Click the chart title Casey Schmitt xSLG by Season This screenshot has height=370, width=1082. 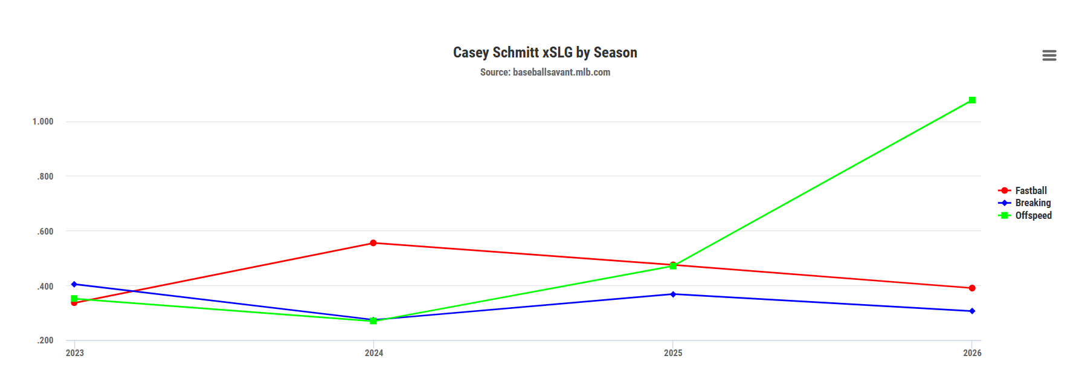click(545, 53)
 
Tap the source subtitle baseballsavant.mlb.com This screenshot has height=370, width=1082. click(545, 72)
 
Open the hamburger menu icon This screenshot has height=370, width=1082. click(1049, 56)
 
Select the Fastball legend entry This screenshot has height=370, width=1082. click(1031, 190)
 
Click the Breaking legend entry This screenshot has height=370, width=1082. click(1032, 203)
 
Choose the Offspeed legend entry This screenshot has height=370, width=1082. click(1033, 215)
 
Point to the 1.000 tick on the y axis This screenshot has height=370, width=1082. click(43, 122)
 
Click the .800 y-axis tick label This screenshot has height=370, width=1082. click(45, 177)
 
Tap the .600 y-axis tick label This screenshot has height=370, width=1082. click(45, 232)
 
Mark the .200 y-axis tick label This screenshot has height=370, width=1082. click(45, 340)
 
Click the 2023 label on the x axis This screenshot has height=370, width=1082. click(75, 353)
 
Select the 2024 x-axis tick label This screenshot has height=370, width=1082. click(374, 353)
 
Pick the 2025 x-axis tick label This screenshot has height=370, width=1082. click(673, 353)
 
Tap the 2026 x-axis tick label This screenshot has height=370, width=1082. click(972, 353)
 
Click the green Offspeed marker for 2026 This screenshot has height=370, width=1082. click(972, 100)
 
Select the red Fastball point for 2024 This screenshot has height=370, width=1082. click(373, 243)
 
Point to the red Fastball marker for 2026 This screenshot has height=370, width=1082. click(972, 288)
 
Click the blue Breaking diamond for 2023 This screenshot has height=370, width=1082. click(74, 284)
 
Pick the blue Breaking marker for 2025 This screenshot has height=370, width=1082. click(673, 294)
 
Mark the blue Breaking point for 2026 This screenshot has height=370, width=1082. click(972, 311)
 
